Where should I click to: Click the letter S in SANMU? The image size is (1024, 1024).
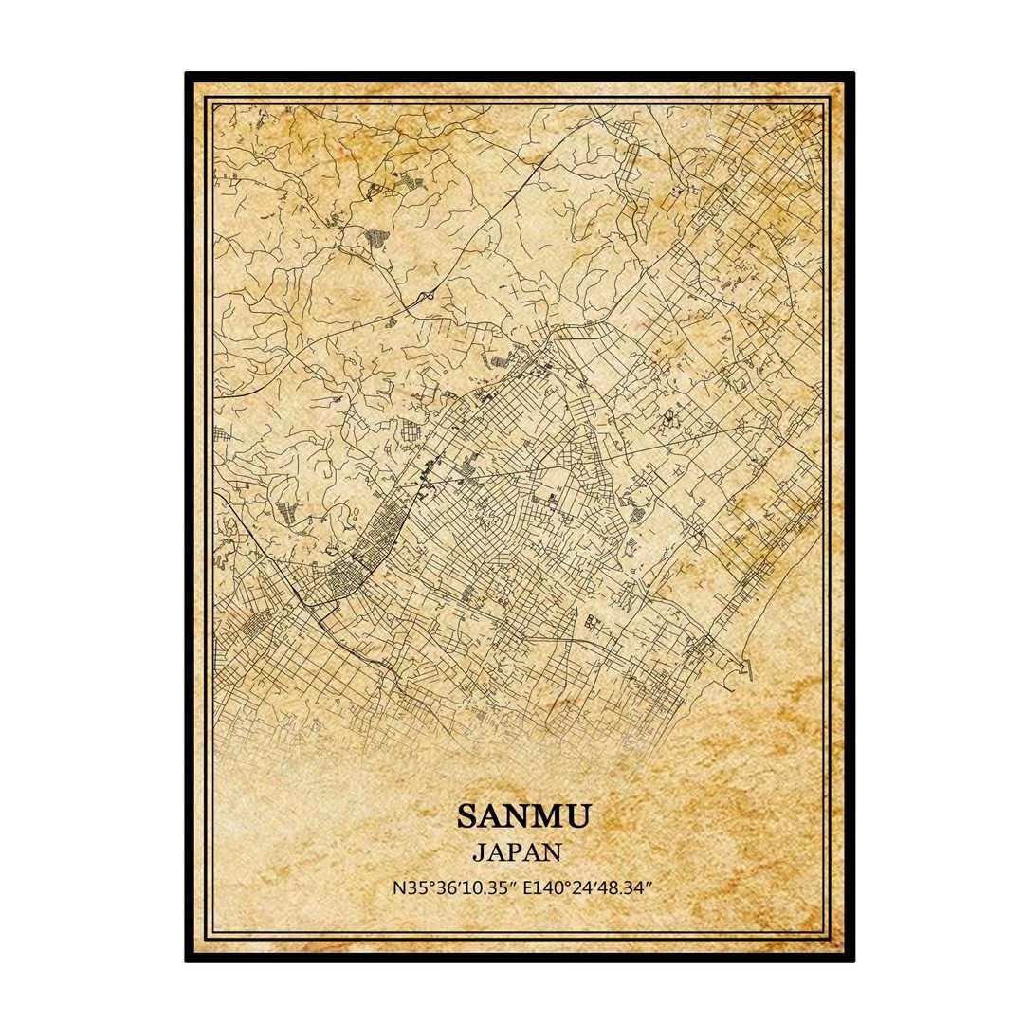click(467, 815)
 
